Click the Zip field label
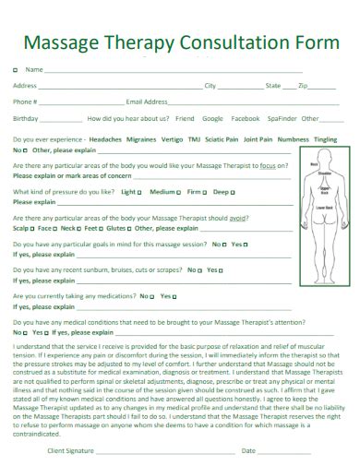tap(303, 86)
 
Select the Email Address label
tap(147, 102)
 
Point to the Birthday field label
tap(26, 118)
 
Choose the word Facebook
tap(245, 118)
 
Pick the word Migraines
tap(141, 138)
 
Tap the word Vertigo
tap(172, 138)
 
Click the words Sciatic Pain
tap(222, 138)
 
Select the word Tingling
tap(325, 138)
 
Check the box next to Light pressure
tap(139, 192)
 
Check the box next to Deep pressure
tap(232, 192)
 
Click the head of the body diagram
tap(324, 159)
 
